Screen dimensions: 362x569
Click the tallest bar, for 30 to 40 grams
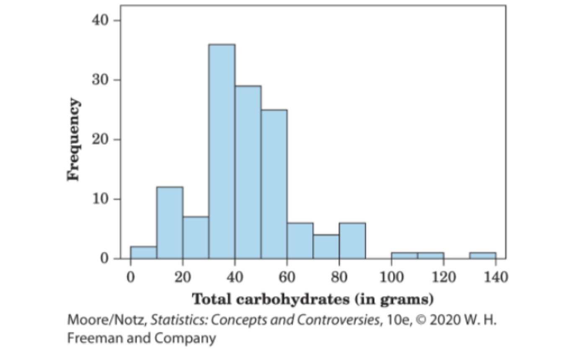pos(222,151)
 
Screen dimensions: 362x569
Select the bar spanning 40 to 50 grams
pos(248,172)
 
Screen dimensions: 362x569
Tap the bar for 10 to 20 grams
pos(170,222)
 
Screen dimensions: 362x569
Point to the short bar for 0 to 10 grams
pos(143,252)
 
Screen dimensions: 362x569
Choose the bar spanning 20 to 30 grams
pos(196,237)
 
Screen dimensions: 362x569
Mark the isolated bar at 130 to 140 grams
pos(482,255)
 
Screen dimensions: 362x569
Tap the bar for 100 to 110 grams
pos(404,255)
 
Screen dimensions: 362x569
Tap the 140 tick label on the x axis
pos(495,277)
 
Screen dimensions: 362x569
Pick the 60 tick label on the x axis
pos(287,277)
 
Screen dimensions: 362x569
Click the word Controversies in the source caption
pos(337,321)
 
